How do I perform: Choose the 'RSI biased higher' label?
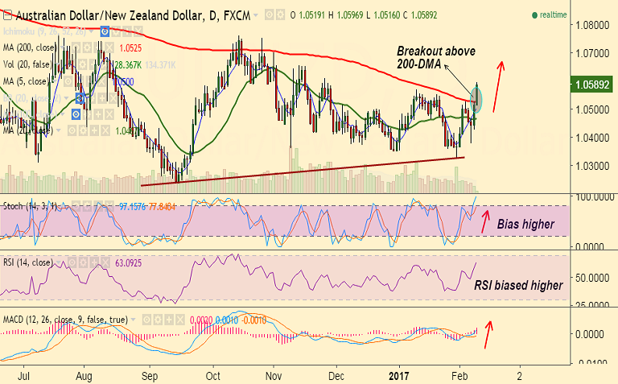tap(517, 284)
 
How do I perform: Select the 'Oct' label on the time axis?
tap(213, 375)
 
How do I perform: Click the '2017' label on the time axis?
tap(400, 375)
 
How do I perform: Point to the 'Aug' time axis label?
tap(84, 375)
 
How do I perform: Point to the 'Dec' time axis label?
tap(336, 375)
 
